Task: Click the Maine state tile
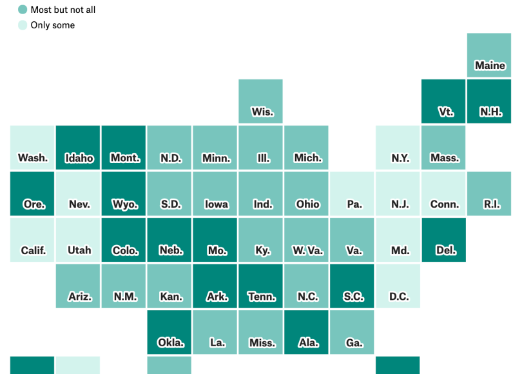coord(490,55)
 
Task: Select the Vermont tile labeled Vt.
coord(443,101)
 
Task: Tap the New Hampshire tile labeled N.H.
coord(490,101)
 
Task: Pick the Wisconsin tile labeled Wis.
coord(260,101)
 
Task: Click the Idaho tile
coord(78,148)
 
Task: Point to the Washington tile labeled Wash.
coord(32,148)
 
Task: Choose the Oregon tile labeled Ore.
coord(32,193)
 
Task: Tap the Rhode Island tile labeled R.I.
coord(490,193)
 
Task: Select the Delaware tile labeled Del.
coord(443,240)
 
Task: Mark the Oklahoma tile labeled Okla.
coord(169,332)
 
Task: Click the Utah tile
coord(78,240)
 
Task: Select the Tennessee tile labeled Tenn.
coord(260,286)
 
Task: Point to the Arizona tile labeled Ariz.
coord(78,286)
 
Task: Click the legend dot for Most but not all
coord(23,10)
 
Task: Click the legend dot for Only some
coord(23,25)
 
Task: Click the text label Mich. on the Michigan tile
coord(307,158)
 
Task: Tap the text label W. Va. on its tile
coord(307,250)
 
